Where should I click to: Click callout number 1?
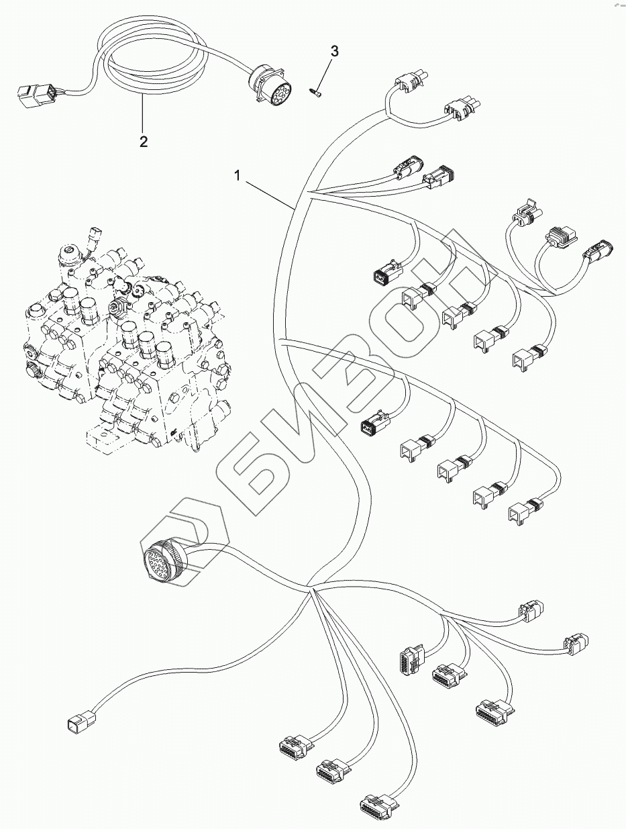pyautogui.click(x=237, y=175)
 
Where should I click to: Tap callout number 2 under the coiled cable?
pyautogui.click(x=143, y=141)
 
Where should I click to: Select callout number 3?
pyautogui.click(x=334, y=51)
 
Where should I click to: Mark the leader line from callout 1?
pyautogui.click(x=268, y=193)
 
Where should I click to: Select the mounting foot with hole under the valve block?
pyautogui.click(x=103, y=435)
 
